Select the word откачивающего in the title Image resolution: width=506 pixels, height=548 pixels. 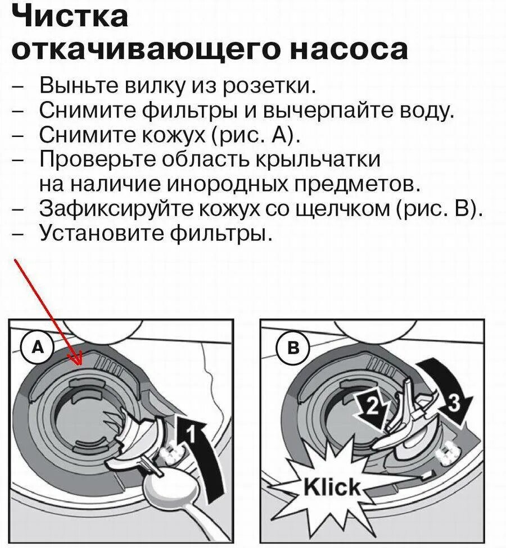click(146, 49)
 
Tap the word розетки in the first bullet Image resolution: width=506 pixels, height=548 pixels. click(269, 86)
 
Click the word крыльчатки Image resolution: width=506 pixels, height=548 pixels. click(318, 160)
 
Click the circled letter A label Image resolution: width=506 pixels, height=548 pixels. click(38, 347)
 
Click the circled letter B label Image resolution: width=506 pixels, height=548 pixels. click(293, 347)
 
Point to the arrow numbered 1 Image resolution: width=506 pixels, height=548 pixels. click(200, 454)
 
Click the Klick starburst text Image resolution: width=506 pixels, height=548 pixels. click(332, 486)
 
